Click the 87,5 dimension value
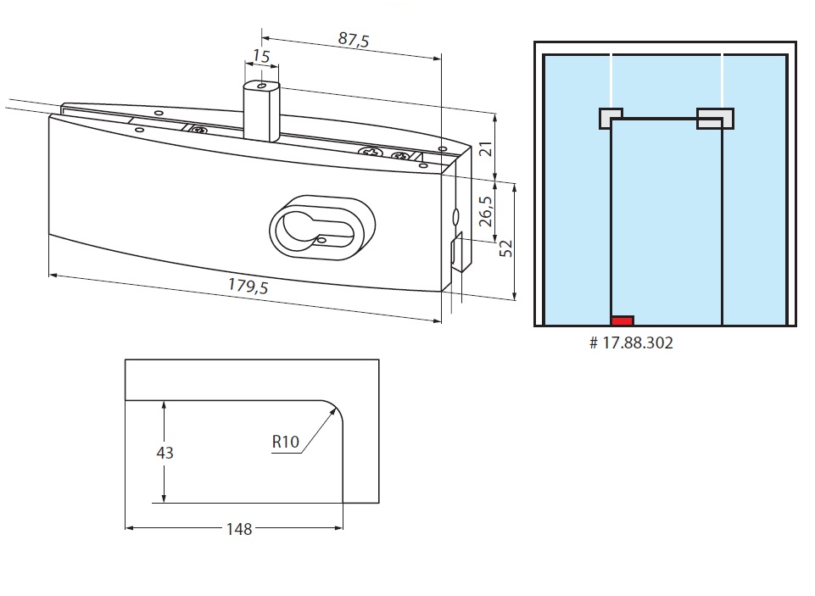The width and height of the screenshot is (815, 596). point(353,40)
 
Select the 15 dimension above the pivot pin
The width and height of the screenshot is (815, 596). point(260,56)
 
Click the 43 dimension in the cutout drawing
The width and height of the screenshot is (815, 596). point(165,453)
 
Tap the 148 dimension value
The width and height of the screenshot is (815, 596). point(240,529)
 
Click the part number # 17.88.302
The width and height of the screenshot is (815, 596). point(632,343)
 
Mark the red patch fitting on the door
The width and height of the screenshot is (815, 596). point(622,320)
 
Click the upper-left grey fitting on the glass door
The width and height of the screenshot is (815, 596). point(609,118)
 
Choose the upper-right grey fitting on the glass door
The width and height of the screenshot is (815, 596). point(715,118)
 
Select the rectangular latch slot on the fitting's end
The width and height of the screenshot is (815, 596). point(455,251)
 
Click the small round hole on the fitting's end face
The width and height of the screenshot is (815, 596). point(455,214)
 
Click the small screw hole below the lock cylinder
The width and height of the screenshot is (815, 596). point(323,241)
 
